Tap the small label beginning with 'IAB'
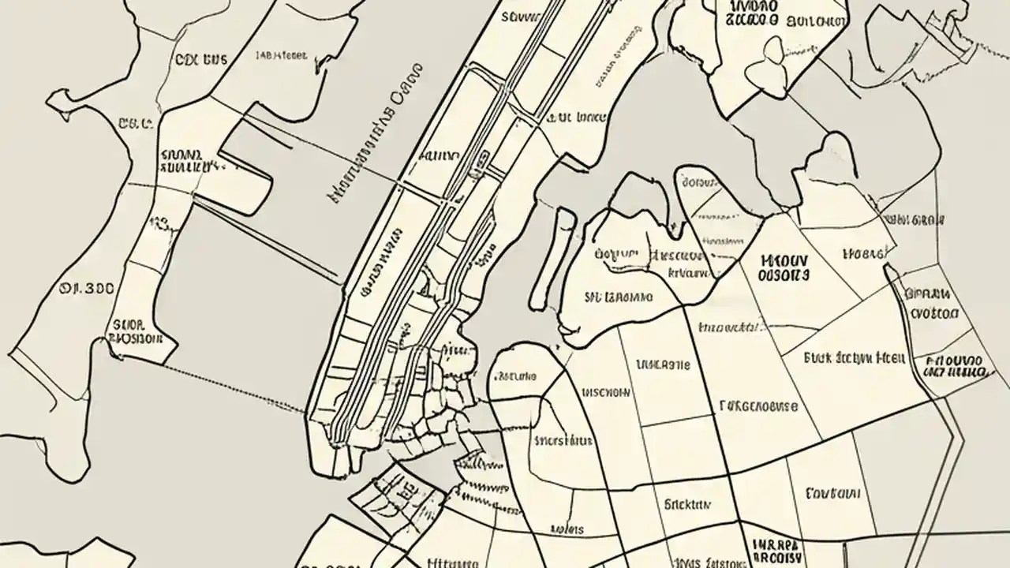pos(282,56)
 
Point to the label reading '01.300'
pos(88,289)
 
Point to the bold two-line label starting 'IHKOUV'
pos(784,267)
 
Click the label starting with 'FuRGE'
pos(759,406)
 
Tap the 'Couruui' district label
pos(832,494)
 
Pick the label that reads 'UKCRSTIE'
pos(663,364)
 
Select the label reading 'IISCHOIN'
pos(606,391)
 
